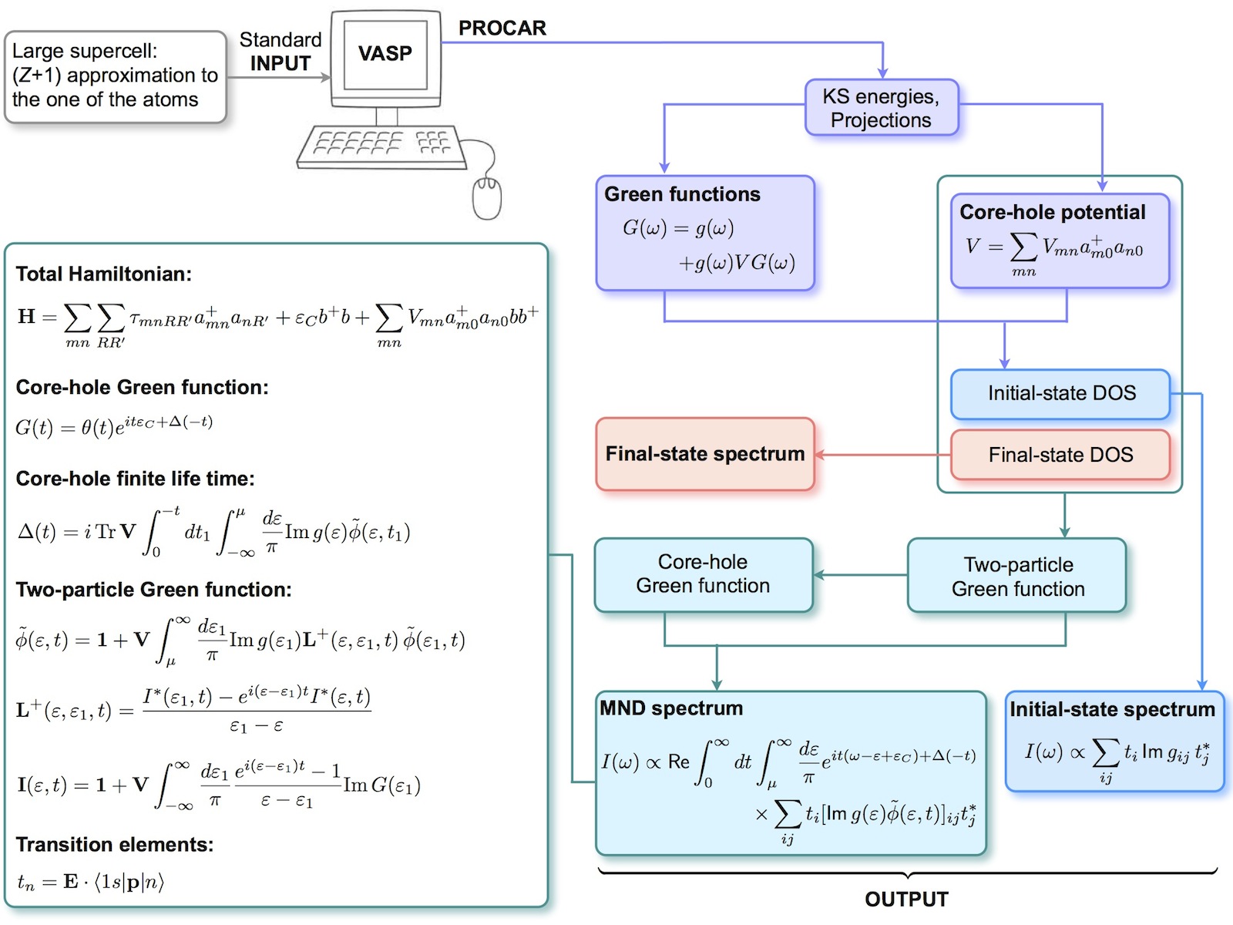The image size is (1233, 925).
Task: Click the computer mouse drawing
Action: pos(486,197)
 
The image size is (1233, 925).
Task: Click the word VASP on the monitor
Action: pos(385,53)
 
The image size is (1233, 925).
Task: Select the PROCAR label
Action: pos(502,29)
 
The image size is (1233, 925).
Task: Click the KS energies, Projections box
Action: pos(881,108)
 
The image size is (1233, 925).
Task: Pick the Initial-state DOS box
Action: pos(1060,394)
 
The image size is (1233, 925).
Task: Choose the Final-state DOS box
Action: pos(1060,455)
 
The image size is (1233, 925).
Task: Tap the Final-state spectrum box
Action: pos(704,454)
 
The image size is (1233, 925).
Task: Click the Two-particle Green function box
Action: pos(1017,576)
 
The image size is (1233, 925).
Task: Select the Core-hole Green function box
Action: pos(703,574)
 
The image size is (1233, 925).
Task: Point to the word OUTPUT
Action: pos(906,900)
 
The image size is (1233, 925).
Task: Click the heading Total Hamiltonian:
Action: pos(103,274)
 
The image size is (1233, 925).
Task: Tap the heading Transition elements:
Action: pos(114,845)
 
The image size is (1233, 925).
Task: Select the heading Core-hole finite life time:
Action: pos(135,479)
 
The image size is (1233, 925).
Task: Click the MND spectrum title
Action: pos(671,708)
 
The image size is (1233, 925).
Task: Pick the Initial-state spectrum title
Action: pos(1112,709)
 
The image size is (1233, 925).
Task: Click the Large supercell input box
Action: pos(115,76)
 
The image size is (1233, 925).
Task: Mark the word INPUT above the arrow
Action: pos(280,64)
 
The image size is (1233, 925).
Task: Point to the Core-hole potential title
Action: pos(1052,212)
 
